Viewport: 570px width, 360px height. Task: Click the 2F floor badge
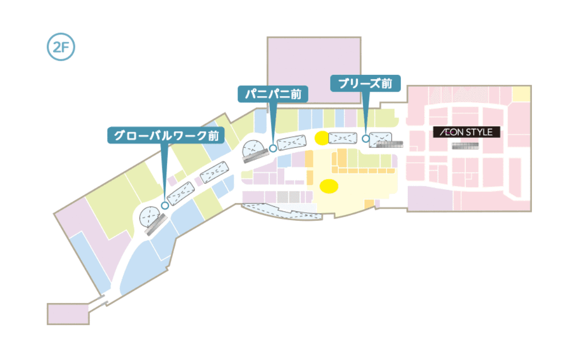61,48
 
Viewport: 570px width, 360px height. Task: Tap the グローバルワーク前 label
166,135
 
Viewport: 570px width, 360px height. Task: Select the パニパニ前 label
272,93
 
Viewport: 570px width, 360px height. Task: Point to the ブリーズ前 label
365,83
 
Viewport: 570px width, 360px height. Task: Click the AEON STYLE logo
466,132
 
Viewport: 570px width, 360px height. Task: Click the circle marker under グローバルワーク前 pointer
165,205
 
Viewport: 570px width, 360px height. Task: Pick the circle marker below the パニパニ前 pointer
272,148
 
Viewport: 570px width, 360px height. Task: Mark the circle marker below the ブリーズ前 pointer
366,138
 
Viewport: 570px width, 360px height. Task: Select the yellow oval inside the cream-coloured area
328,186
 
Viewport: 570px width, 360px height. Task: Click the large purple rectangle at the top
314,69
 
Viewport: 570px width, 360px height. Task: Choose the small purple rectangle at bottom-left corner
68,314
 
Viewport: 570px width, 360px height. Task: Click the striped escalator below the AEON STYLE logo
466,146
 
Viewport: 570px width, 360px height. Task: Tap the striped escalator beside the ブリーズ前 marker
390,144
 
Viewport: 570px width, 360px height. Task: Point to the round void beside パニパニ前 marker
253,148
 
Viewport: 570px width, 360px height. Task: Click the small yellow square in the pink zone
521,93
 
